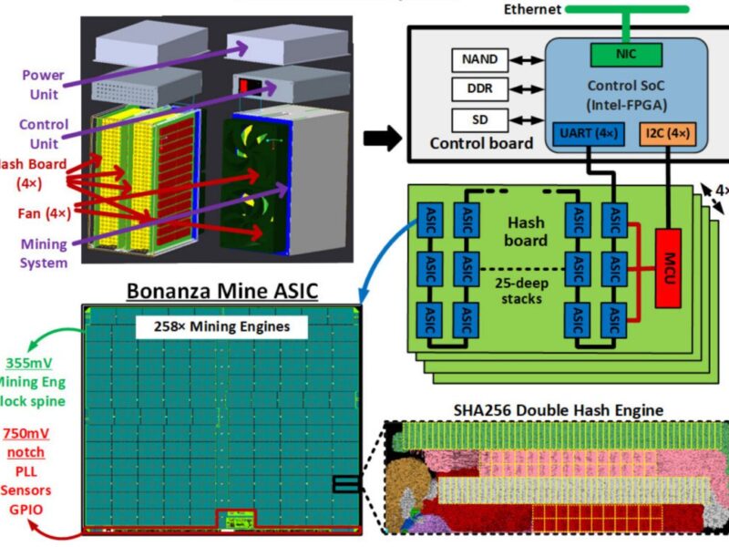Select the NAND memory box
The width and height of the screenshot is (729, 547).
pyautogui.click(x=478, y=59)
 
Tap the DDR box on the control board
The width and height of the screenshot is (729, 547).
pyautogui.click(x=478, y=89)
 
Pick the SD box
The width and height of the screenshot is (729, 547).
pyautogui.click(x=478, y=119)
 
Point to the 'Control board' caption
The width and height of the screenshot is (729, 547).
pyautogui.click(x=481, y=144)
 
